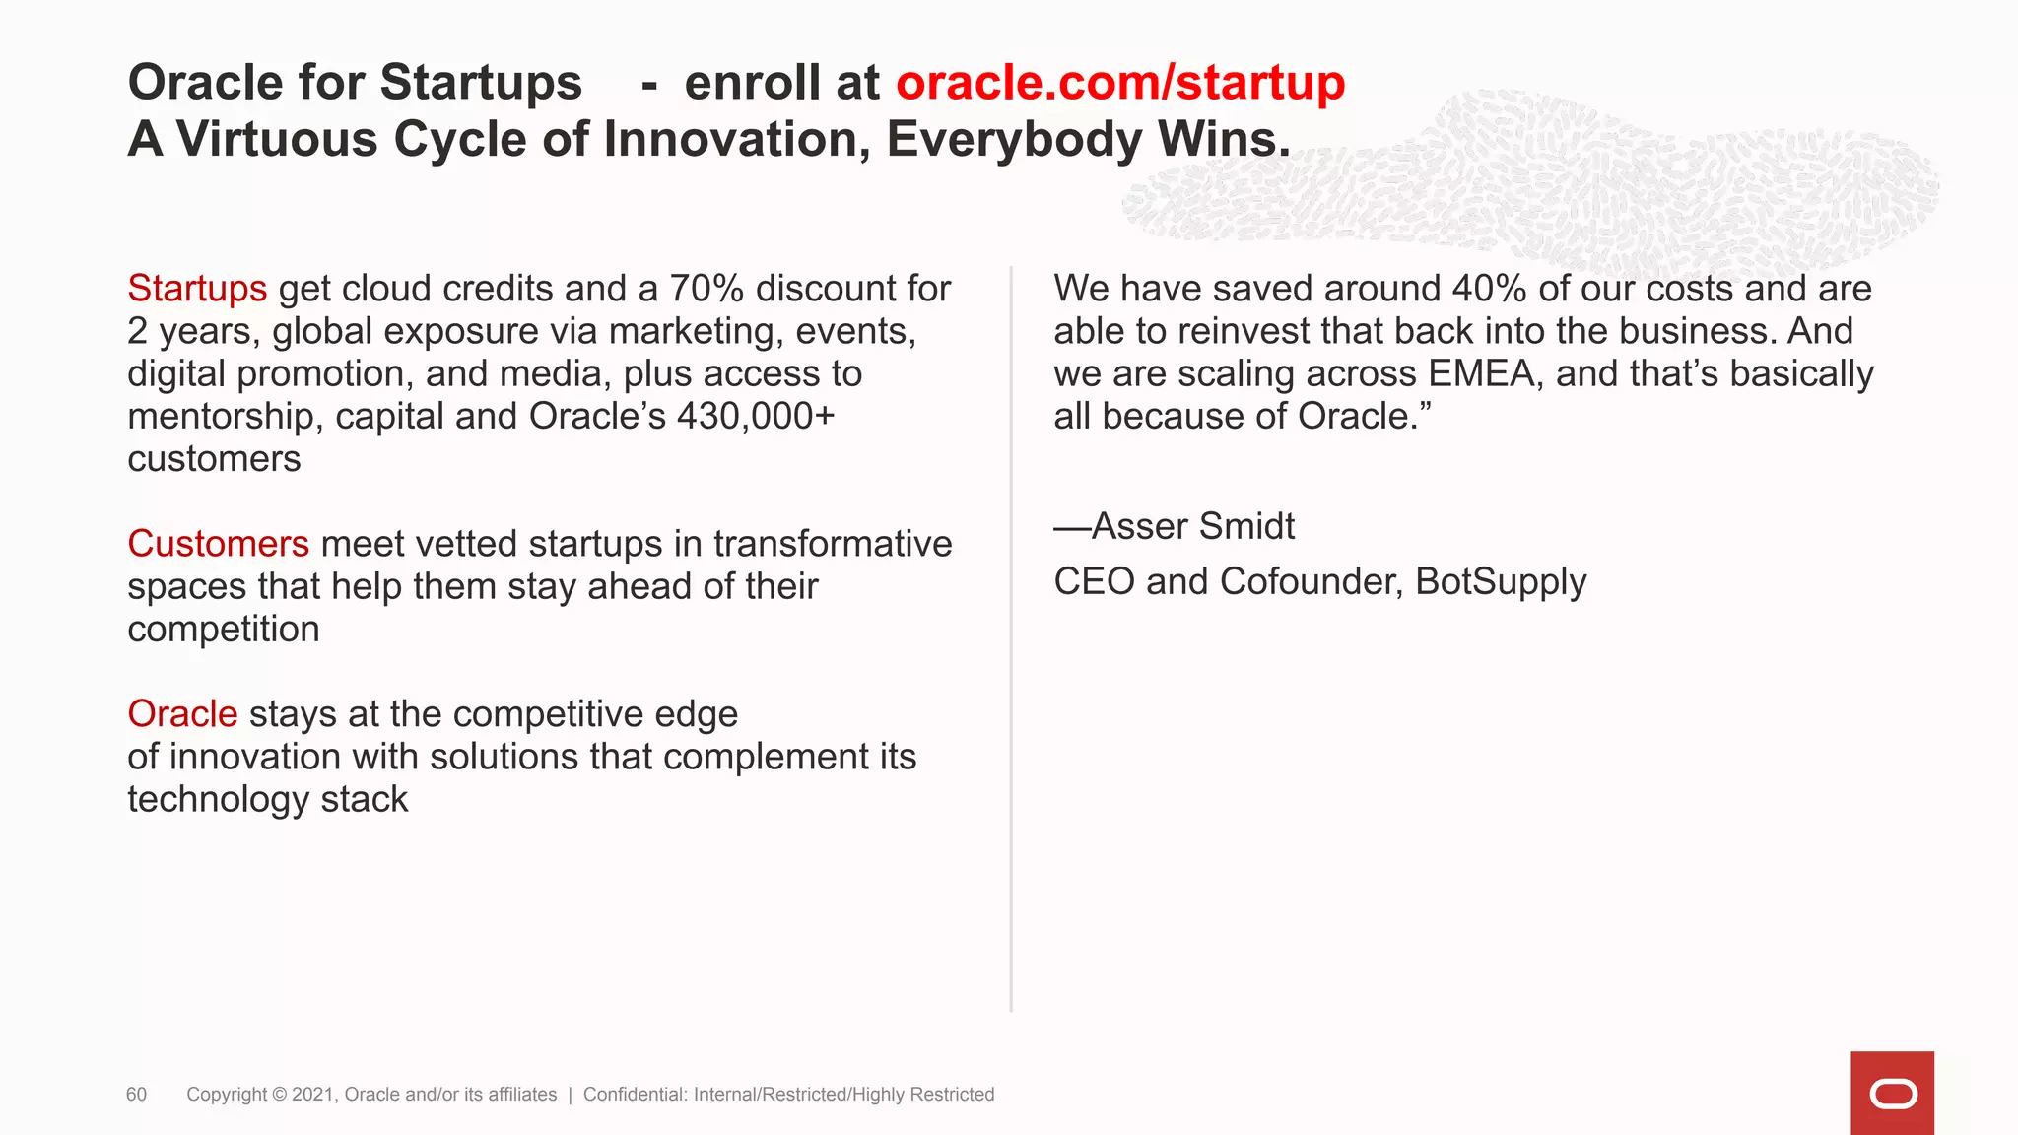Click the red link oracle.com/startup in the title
tap(1119, 83)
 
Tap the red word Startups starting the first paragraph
tap(197, 289)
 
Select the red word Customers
tap(218, 544)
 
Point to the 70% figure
tap(706, 289)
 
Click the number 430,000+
tap(756, 417)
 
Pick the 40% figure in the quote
tap(1490, 289)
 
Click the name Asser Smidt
tap(1192, 527)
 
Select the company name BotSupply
tap(1501, 582)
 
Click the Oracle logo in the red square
tap(1892, 1094)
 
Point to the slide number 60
tap(136, 1095)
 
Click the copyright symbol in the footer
tap(279, 1095)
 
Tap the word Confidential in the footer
tap(635, 1095)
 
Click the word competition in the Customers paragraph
tap(224, 630)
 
